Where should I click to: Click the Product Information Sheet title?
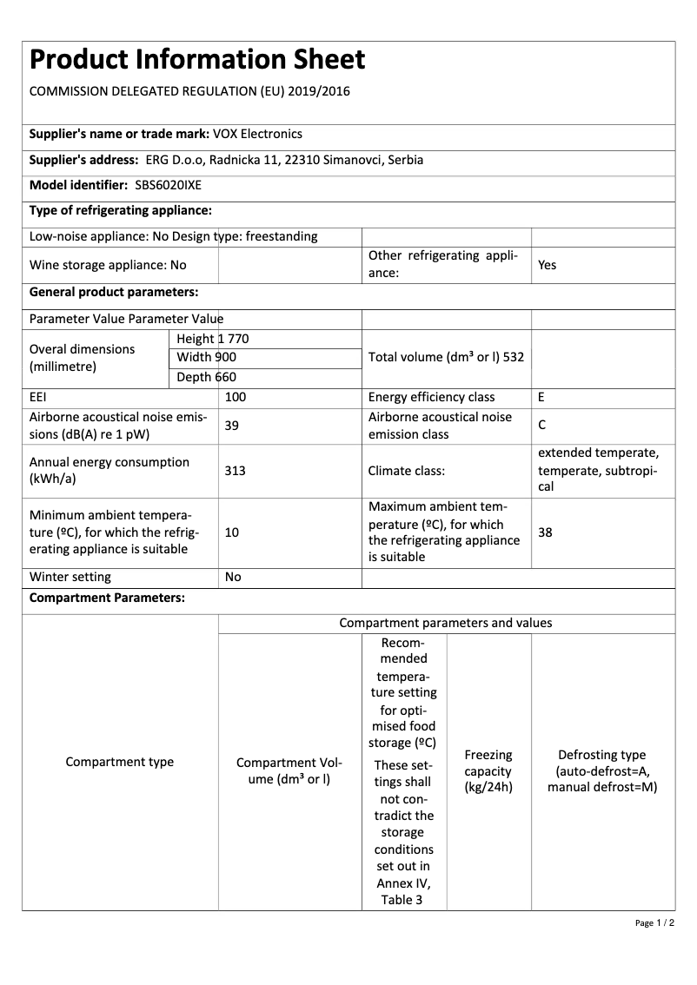pos(197,60)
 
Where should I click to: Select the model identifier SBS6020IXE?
pos(169,185)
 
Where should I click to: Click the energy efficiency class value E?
pos(541,397)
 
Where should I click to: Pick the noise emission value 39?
pos(232,426)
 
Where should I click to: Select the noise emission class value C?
pos(542,426)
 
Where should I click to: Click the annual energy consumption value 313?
pos(235,470)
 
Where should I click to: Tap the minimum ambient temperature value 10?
pos(232,532)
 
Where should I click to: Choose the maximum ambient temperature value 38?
pos(545,532)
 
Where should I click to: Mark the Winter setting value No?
pos(233,577)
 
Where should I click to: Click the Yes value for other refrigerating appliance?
pos(547,265)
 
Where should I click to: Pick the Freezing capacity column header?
pos(488,770)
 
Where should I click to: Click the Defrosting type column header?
pos(601,770)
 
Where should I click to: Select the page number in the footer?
pos(654,922)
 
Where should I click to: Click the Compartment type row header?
pos(120,762)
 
